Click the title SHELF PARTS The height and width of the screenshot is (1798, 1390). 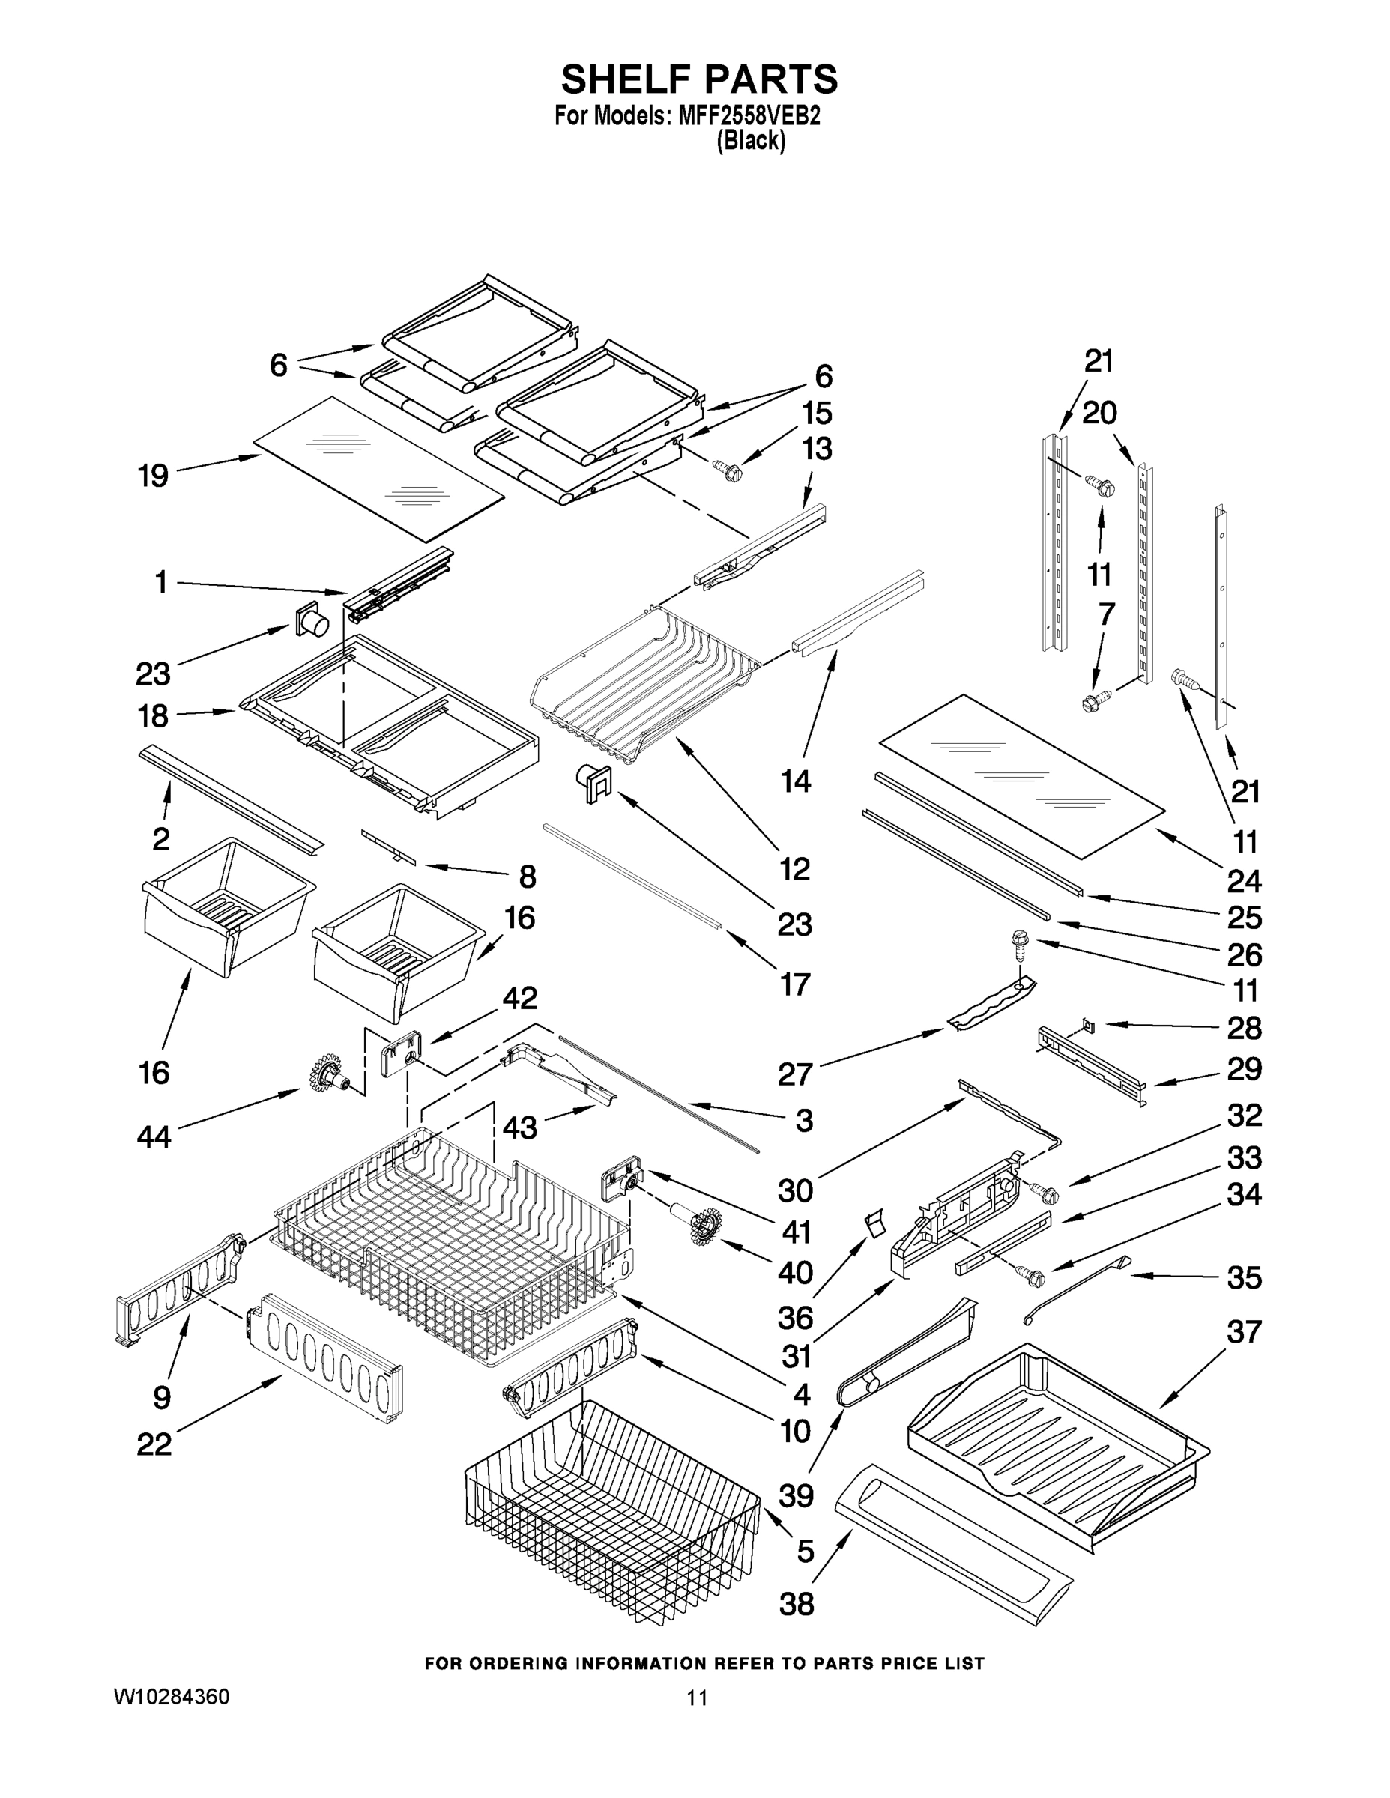pos(699,80)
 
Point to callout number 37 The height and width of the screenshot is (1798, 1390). pos(1243,1331)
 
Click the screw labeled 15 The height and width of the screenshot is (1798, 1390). pos(730,472)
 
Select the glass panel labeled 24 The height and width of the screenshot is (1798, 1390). pos(1021,772)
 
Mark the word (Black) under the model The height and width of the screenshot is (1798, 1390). pos(750,141)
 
